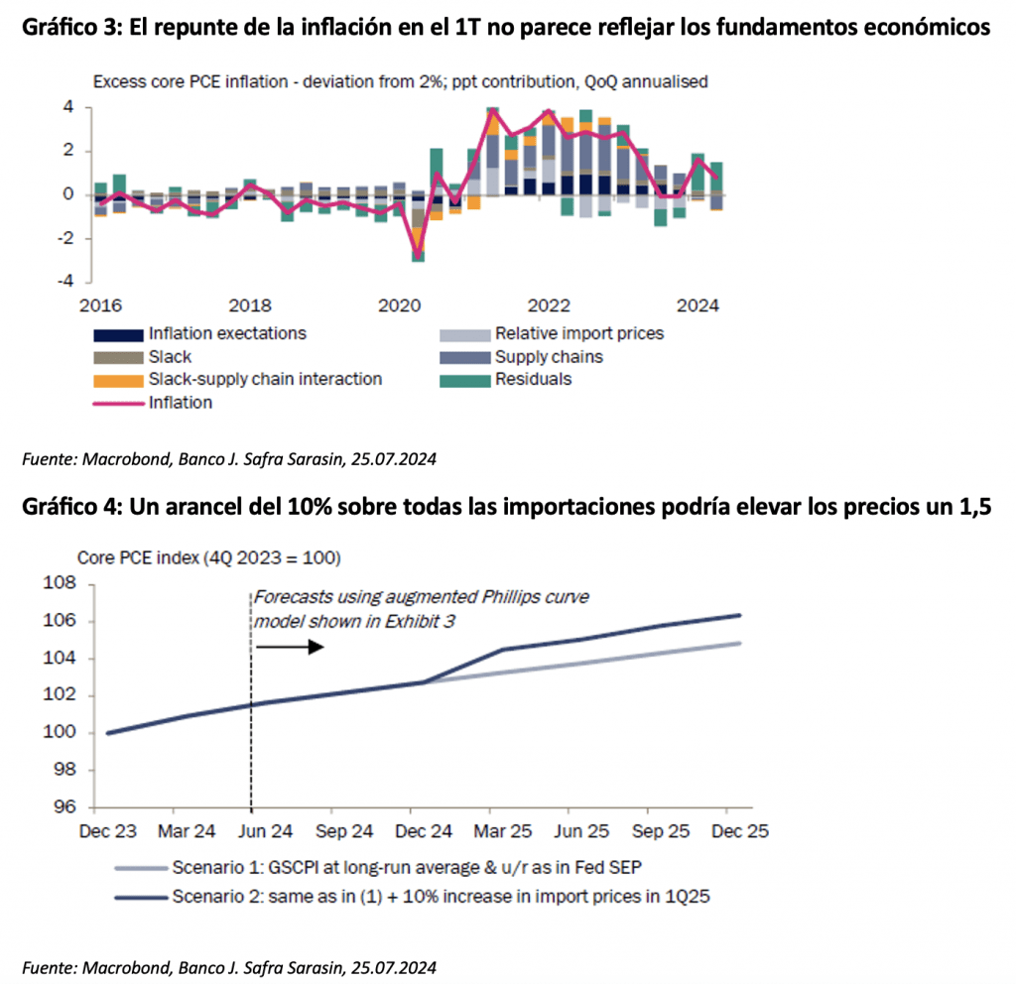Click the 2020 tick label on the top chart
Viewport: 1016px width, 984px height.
point(398,304)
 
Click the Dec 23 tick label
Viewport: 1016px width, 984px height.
point(108,828)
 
